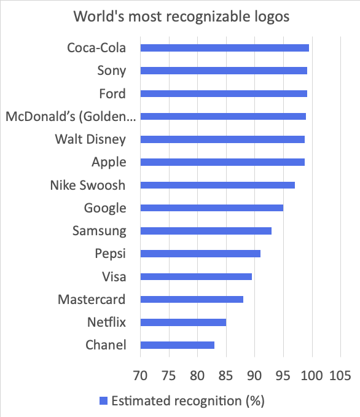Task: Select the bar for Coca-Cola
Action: click(x=224, y=48)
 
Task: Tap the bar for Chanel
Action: click(x=178, y=345)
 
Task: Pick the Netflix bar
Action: click(x=183, y=322)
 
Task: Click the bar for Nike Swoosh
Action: click(x=217, y=185)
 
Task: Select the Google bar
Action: click(x=212, y=208)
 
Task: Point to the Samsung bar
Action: click(x=206, y=231)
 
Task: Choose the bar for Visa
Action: click(x=196, y=276)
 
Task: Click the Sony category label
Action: click(x=112, y=71)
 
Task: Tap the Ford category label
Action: click(x=112, y=94)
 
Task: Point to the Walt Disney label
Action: click(x=90, y=139)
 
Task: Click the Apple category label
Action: click(x=109, y=162)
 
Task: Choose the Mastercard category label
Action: click(x=92, y=300)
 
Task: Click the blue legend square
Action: click(x=103, y=401)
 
